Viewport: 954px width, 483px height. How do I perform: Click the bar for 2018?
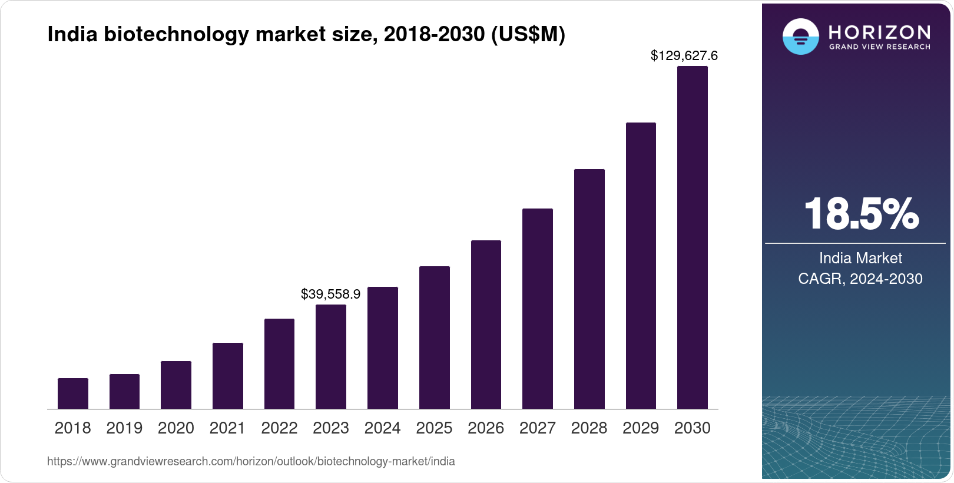[x=73, y=393]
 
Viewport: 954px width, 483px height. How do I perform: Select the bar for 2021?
[x=228, y=376]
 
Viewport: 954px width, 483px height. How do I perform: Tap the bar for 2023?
[x=331, y=356]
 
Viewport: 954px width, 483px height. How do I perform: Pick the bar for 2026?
[x=486, y=325]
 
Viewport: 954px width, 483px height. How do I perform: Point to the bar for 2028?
[x=589, y=289]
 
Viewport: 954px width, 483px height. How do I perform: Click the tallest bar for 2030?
[x=693, y=237]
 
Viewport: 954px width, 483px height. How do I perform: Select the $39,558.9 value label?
[x=330, y=294]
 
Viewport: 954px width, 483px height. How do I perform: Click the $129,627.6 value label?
[x=684, y=56]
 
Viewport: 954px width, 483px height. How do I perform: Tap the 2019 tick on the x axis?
[x=124, y=428]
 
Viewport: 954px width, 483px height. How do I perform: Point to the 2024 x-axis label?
[x=382, y=428]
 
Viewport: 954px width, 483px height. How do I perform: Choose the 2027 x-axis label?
[x=537, y=428]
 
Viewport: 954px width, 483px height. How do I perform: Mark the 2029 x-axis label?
[x=641, y=428]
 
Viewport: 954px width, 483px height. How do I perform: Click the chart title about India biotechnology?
[x=306, y=35]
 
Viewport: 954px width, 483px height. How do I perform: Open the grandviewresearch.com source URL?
[x=251, y=462]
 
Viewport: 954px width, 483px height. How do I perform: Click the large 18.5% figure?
[x=861, y=214]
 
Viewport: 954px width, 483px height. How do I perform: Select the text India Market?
[x=860, y=258]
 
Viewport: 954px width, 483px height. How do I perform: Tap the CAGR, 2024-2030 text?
[x=860, y=279]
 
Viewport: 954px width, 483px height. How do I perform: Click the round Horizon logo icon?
[x=800, y=37]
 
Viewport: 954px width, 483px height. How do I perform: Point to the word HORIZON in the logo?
[x=880, y=32]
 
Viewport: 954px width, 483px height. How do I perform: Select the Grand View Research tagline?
[x=880, y=47]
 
